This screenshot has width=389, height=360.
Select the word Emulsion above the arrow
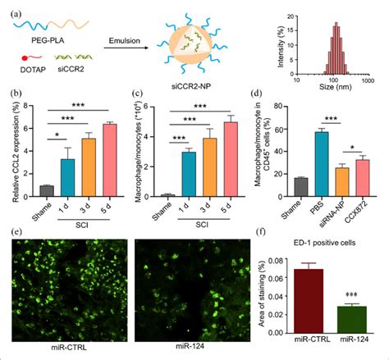[x=128, y=38]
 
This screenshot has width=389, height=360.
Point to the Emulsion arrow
[x=128, y=48]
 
